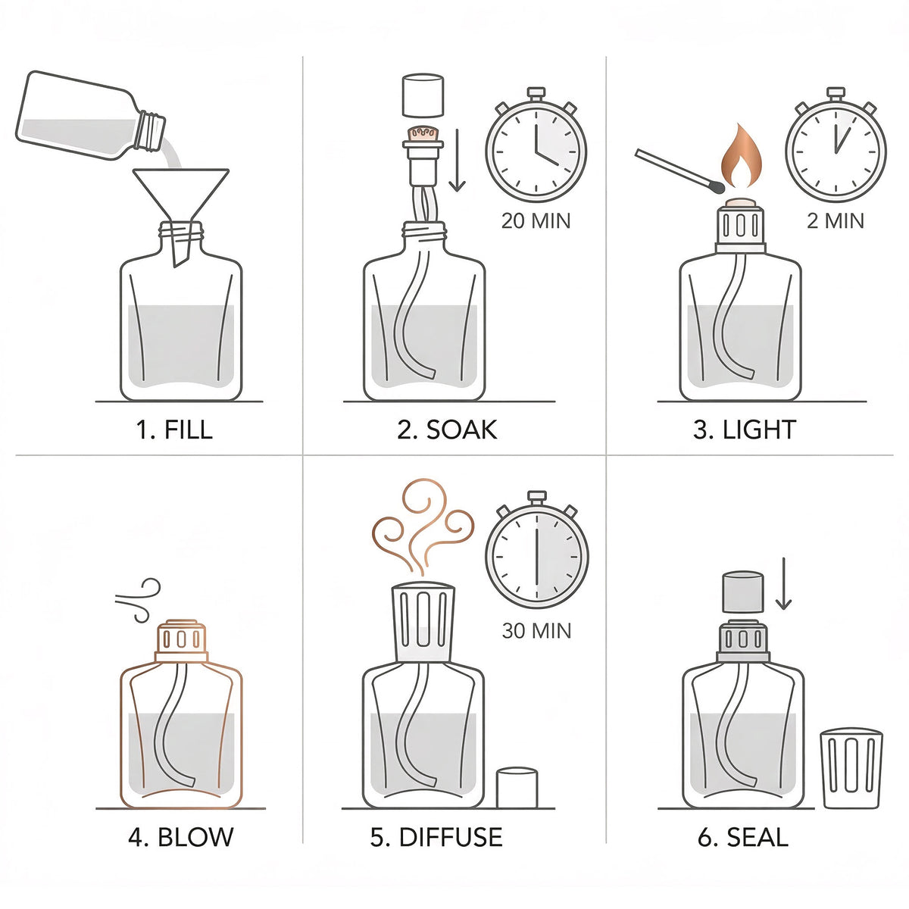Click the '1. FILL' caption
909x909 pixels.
pos(174,430)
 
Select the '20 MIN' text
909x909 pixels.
pos(536,220)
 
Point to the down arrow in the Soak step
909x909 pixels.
pos(457,161)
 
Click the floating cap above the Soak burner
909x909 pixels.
pos(423,95)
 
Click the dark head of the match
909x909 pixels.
pos(716,187)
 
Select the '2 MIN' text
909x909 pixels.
pos(836,220)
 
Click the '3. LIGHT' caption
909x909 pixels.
pos(745,430)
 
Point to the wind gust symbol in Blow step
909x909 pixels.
pos(139,598)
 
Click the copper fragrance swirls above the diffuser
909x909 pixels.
pos(423,527)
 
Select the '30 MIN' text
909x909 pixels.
pos(536,631)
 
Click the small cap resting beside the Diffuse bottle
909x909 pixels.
pos(517,788)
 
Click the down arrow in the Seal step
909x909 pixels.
pos(783,583)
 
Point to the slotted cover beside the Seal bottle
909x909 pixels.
pos(851,768)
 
